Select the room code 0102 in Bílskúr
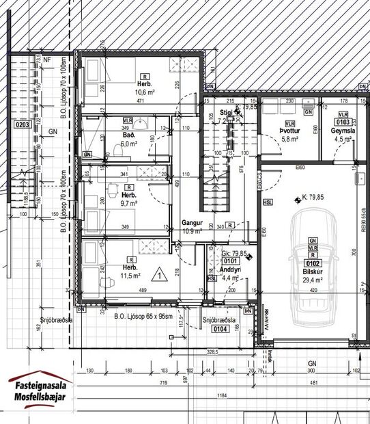click(313, 262)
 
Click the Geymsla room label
click(341, 130)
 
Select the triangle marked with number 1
click(158, 276)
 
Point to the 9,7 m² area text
click(129, 203)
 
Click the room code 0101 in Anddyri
click(229, 260)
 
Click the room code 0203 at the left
click(23, 125)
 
